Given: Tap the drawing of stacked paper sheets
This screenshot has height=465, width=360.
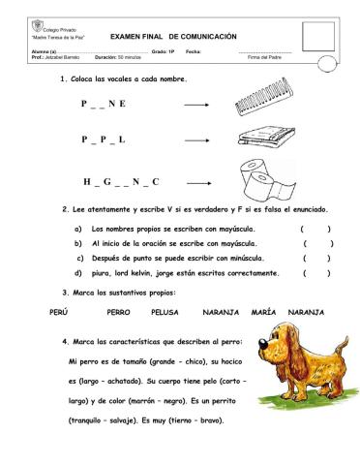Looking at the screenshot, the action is tap(261, 138).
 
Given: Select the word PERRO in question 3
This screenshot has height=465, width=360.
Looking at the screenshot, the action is tap(119, 313).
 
